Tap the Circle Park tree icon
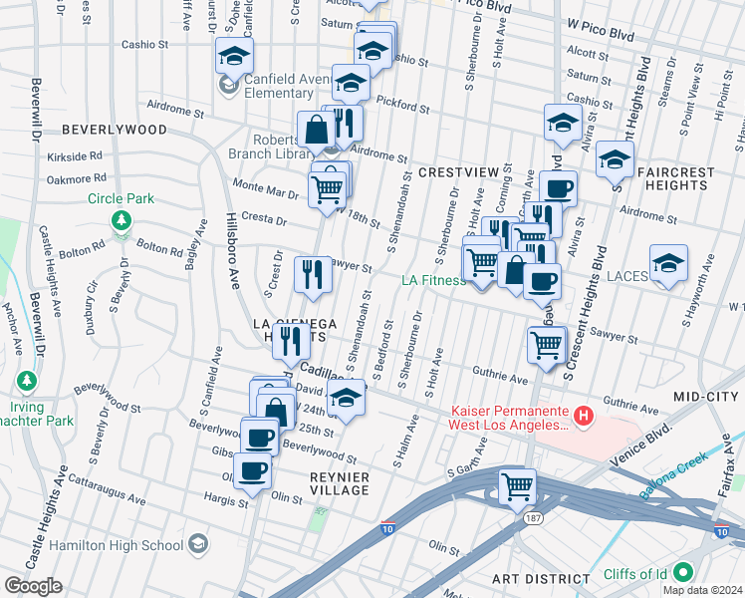coord(121,219)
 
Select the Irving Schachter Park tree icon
coord(27,381)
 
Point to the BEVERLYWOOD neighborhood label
coord(114,130)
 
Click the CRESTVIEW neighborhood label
coord(458,172)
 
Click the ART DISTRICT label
coord(542,579)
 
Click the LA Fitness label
coord(433,280)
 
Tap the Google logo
coord(33,586)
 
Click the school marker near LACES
coord(668,264)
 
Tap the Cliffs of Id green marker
coord(683,573)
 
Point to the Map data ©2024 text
coord(701,590)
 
